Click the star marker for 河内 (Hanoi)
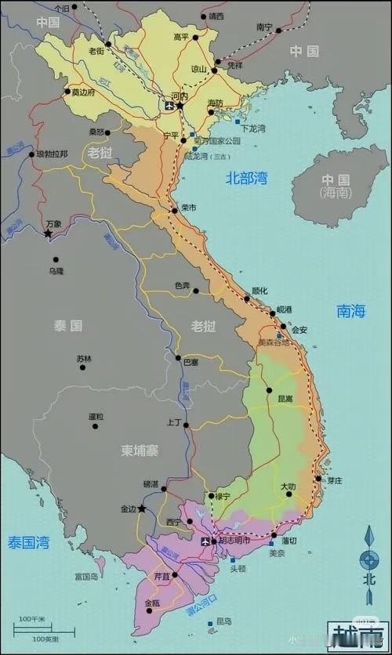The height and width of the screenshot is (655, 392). (180, 105)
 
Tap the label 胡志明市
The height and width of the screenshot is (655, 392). (234, 541)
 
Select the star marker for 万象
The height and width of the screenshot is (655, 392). (48, 233)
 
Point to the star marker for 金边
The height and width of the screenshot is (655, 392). (142, 508)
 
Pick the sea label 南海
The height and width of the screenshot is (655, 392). (351, 311)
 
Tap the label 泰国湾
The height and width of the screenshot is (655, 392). (29, 541)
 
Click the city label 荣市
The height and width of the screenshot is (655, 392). (188, 208)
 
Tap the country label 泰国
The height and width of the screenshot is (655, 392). (68, 325)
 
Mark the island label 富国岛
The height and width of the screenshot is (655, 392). (85, 576)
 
